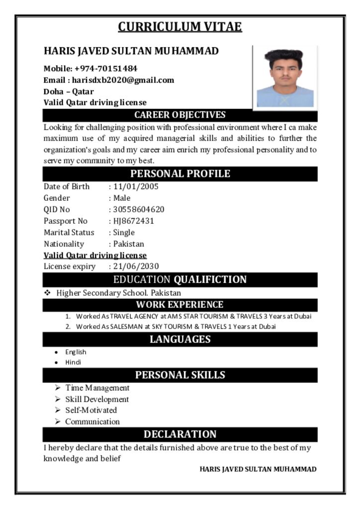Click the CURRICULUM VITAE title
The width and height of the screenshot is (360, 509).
pyautogui.click(x=180, y=26)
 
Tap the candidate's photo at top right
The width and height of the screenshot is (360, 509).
pyautogui.click(x=285, y=77)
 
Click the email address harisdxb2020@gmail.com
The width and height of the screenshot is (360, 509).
pyautogui.click(x=123, y=80)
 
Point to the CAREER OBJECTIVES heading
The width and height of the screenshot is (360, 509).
pyautogui.click(x=180, y=115)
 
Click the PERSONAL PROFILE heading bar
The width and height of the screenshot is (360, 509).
pyautogui.click(x=180, y=174)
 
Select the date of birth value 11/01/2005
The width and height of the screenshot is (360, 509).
pyautogui.click(x=136, y=187)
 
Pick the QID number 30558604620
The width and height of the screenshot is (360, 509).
pyautogui.click(x=139, y=210)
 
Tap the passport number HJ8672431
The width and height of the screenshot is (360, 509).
pyautogui.click(x=134, y=221)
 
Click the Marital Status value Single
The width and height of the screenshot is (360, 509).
pyautogui.click(x=124, y=233)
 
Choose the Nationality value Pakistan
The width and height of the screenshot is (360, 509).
pyautogui.click(x=128, y=244)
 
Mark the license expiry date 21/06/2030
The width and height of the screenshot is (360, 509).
pyautogui.click(x=136, y=266)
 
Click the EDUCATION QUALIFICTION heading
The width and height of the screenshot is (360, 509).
pyautogui.click(x=180, y=280)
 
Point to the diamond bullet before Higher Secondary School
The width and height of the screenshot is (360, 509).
pyautogui.click(x=48, y=293)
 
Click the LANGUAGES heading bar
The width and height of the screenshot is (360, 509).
pyautogui.click(x=180, y=339)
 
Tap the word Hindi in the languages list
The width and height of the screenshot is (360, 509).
pyautogui.click(x=73, y=362)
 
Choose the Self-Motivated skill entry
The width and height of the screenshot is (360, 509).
pyautogui.click(x=91, y=411)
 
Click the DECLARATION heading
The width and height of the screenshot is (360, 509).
pyautogui.click(x=180, y=434)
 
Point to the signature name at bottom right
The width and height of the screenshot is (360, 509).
pyautogui.click(x=258, y=469)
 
